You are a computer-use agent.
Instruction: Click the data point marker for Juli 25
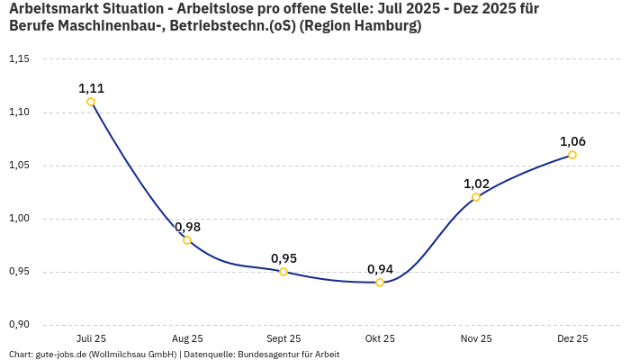(91, 102)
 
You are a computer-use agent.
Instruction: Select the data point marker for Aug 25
(187, 240)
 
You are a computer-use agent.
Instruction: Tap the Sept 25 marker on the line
(283, 272)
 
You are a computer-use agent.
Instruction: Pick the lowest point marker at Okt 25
(380, 283)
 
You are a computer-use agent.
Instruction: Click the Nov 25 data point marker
(476, 197)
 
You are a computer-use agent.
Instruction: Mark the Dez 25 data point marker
(572, 155)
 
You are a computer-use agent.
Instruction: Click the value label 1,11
(91, 88)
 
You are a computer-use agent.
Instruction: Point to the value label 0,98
(187, 227)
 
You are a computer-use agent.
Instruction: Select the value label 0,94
(380, 269)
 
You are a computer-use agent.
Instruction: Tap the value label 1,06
(572, 141)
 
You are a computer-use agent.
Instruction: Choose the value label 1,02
(476, 184)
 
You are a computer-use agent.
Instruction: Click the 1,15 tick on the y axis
(19, 59)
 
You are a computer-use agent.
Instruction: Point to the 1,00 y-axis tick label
(19, 219)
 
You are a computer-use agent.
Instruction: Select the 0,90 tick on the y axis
(19, 325)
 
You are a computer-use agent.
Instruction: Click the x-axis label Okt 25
(380, 338)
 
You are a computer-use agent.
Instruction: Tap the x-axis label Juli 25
(91, 338)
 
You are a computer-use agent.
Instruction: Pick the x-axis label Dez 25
(572, 338)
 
